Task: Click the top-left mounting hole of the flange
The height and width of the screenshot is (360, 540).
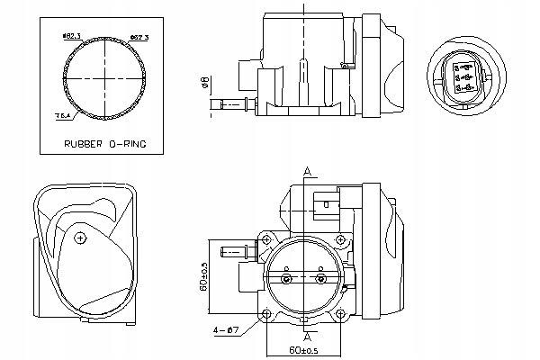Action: point(266,241)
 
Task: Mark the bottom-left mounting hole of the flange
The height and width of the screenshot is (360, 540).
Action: point(266,313)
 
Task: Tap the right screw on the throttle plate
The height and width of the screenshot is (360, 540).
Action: point(322,279)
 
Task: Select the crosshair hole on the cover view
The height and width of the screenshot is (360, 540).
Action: point(81,238)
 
